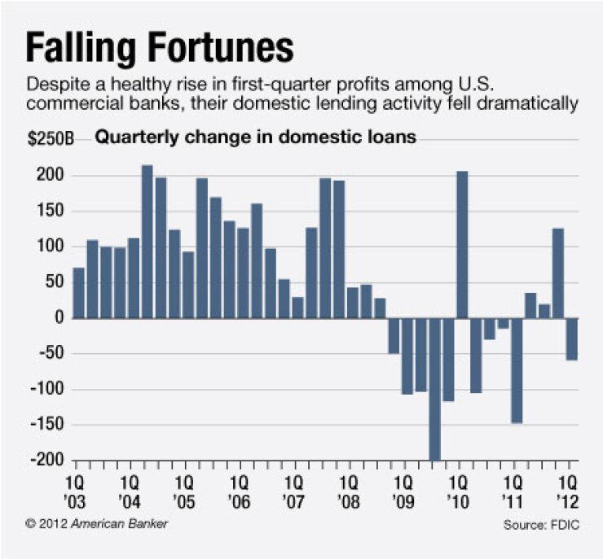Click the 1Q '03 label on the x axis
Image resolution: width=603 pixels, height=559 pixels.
click(79, 487)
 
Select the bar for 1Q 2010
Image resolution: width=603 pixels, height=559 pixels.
click(461, 245)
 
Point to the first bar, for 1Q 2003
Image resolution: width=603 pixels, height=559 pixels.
click(78, 293)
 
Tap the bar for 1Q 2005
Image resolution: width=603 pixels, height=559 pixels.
click(188, 285)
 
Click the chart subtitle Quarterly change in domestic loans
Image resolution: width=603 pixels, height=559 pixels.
click(256, 138)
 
